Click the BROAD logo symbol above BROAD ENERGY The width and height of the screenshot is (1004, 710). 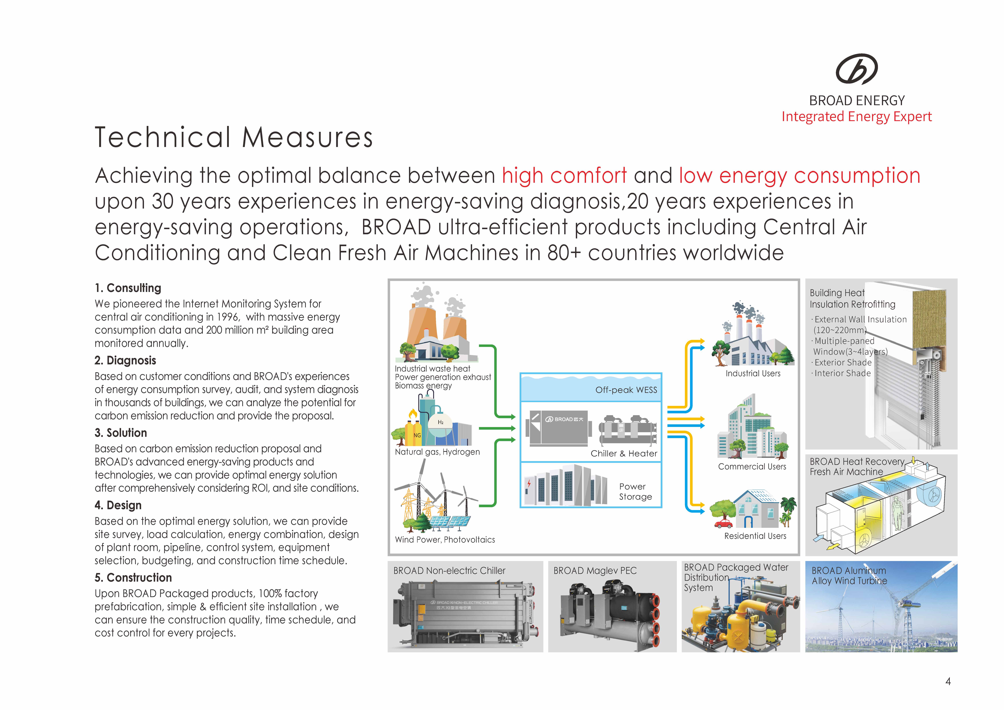tap(856, 69)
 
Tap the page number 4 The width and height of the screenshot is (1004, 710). tap(948, 681)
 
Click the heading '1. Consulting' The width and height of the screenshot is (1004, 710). tap(128, 288)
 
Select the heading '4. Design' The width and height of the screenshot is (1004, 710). tap(118, 505)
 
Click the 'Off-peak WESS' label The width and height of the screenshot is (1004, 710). tap(626, 390)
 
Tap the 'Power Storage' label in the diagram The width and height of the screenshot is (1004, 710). tap(635, 492)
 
